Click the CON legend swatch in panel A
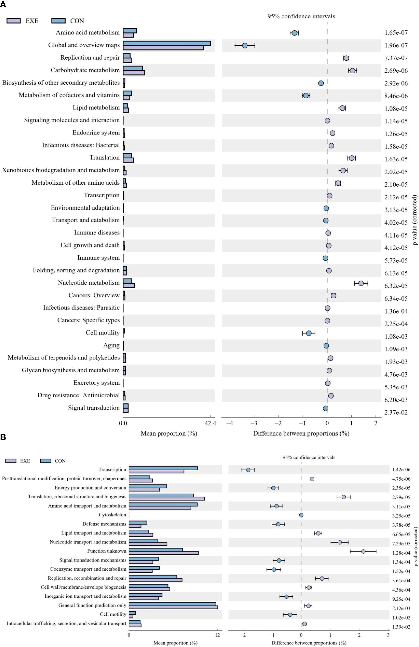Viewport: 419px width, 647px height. point(58,21)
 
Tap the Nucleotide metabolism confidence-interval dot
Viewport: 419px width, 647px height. point(361,283)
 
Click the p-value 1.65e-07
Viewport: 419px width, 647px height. point(396,33)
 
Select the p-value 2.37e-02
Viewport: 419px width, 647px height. point(396,412)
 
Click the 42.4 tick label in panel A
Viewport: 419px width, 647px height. point(210,423)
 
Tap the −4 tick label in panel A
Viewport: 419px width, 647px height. point(230,423)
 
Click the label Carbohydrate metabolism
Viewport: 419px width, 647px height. point(85,70)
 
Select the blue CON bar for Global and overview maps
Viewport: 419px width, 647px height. point(167,43)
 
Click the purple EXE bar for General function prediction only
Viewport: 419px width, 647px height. point(173,607)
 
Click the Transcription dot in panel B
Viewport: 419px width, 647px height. point(248,470)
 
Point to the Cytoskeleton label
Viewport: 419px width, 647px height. point(112,515)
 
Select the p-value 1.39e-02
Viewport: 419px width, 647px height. point(401,627)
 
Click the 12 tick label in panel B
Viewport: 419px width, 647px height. point(217,635)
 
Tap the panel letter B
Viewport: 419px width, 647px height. point(3,437)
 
